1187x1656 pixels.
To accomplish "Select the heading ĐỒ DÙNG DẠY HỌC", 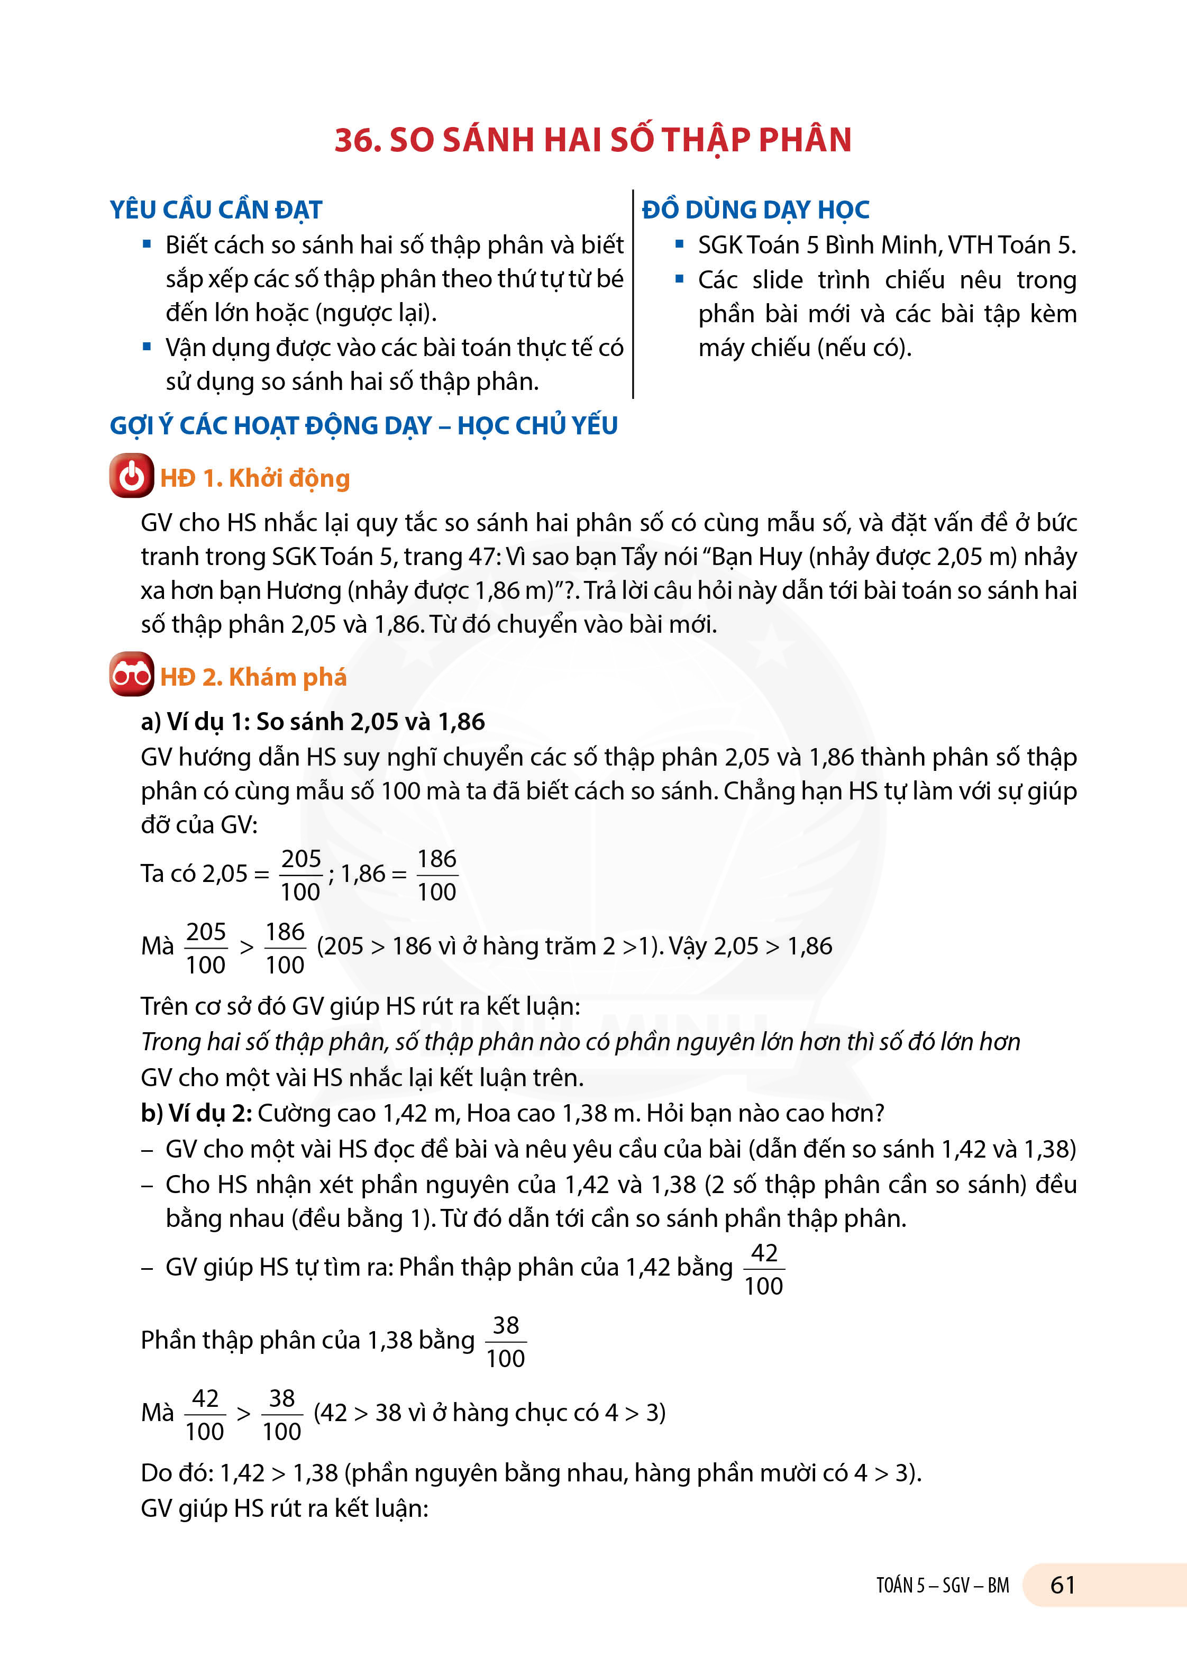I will click(755, 210).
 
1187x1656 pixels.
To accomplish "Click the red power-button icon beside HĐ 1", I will click(131, 476).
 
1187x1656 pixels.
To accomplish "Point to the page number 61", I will click(1062, 1585).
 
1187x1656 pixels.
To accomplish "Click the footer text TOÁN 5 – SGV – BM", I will click(943, 1585).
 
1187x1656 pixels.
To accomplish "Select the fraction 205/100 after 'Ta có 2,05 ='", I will click(301, 875).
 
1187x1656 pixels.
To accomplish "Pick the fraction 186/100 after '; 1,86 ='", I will click(436, 875).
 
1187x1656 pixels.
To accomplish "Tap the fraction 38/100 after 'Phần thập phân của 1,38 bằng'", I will click(505, 1341).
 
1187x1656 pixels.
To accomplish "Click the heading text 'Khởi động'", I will click(289, 478).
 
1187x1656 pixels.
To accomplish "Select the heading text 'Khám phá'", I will click(288, 677).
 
